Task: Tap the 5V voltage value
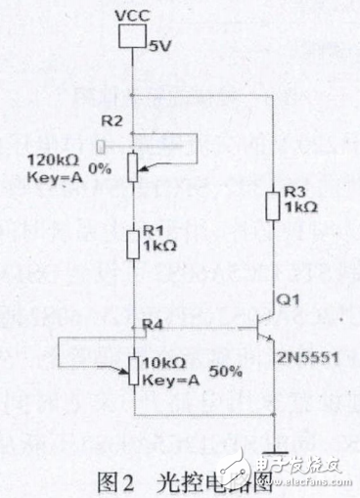158,45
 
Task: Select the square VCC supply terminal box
131,37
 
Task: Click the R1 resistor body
132,242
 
